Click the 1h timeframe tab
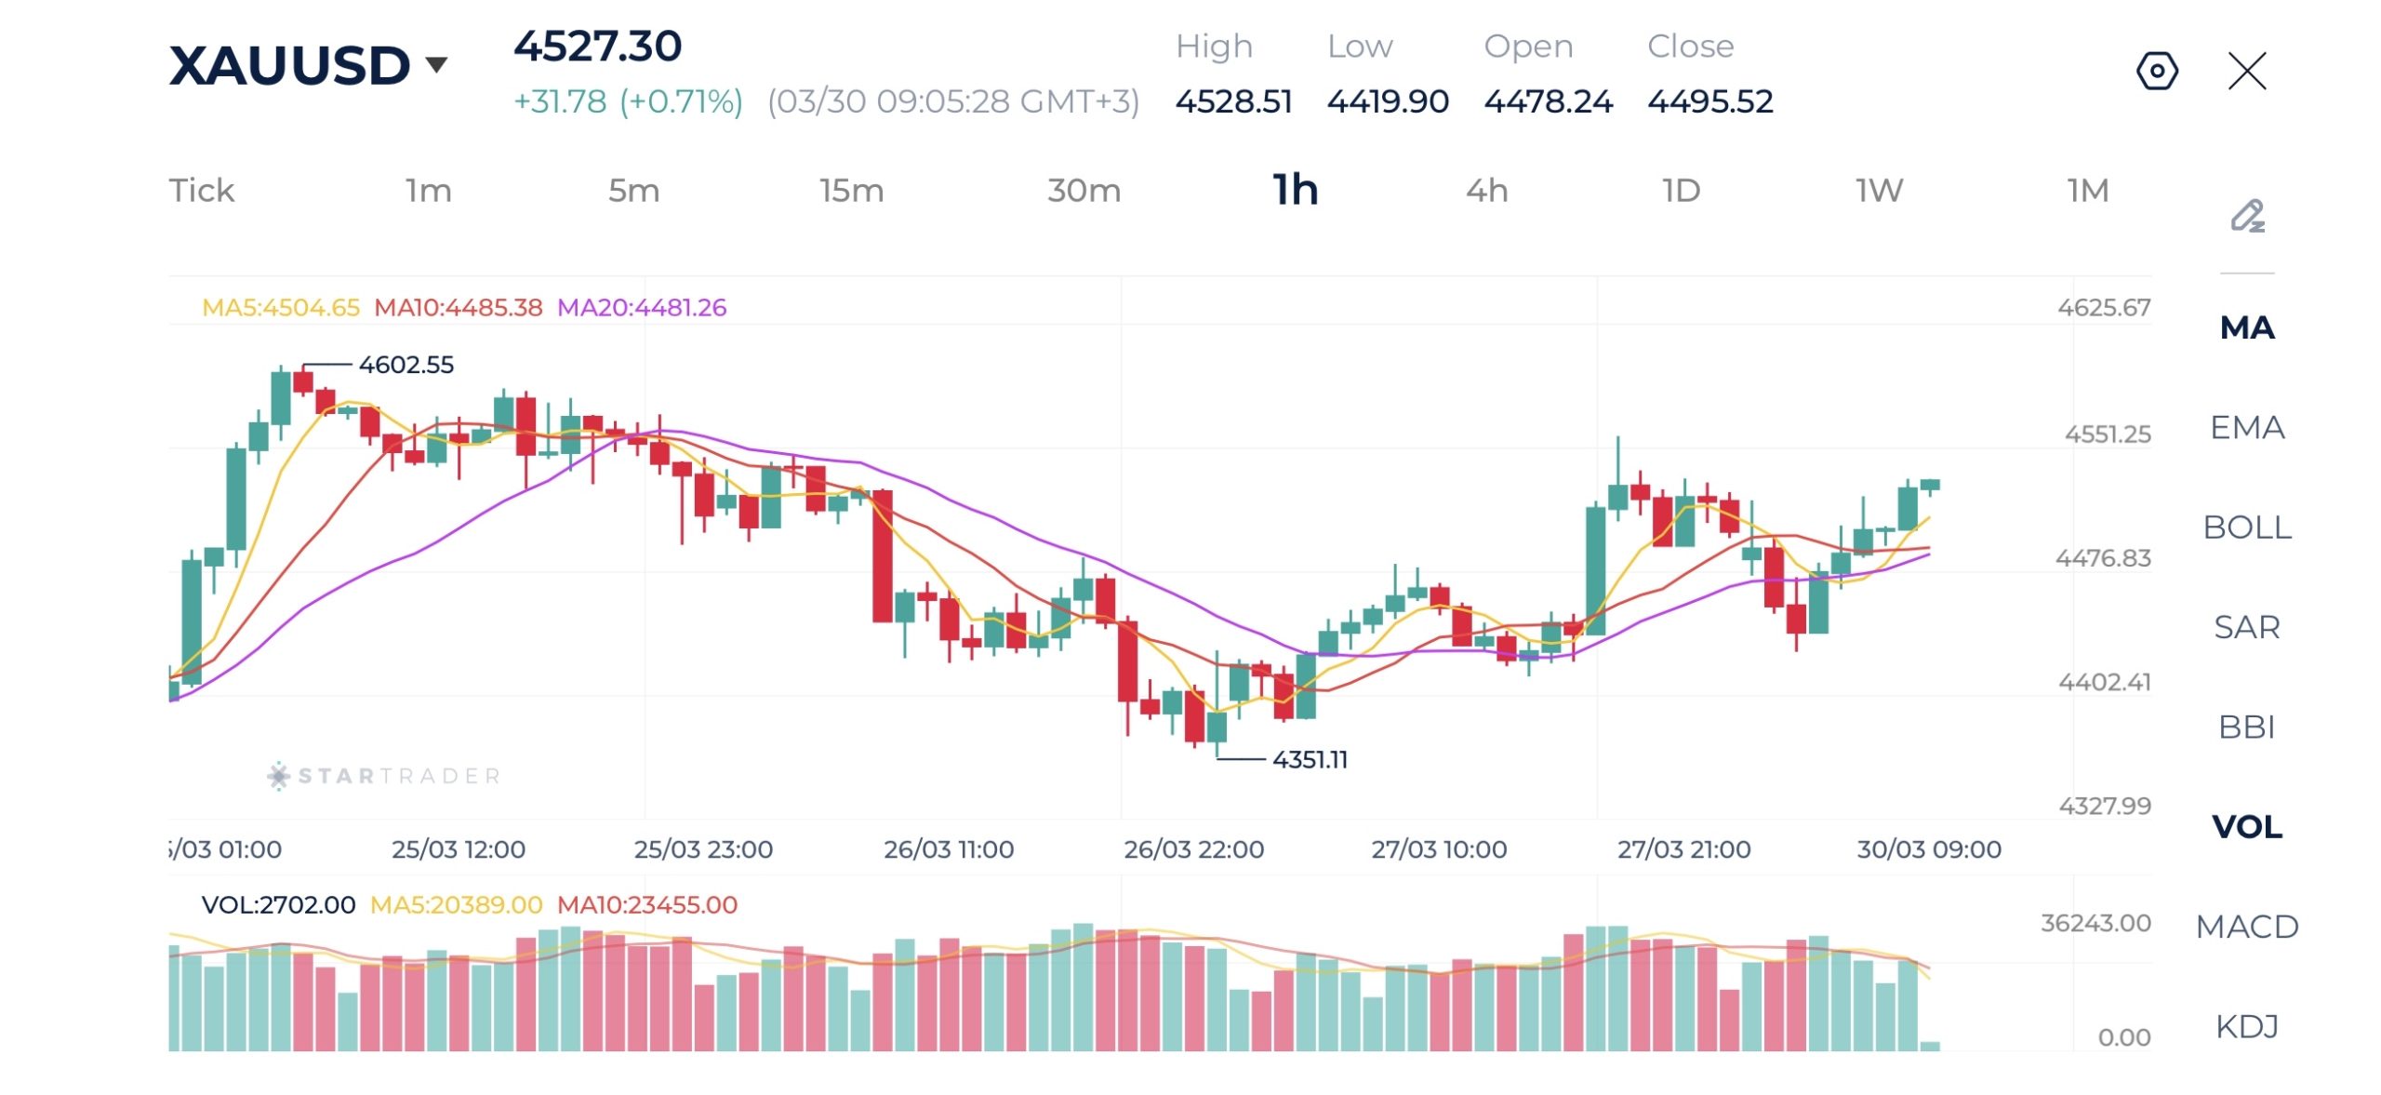(1295, 191)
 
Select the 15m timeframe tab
(851, 191)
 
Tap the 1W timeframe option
(1879, 191)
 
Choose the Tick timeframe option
(201, 191)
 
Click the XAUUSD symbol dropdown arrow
(436, 64)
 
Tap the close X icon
(2247, 71)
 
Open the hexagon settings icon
(2157, 71)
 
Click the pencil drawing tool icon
(2247, 216)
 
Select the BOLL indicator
(2246, 527)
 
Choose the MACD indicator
(2246, 927)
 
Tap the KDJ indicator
(2246, 1026)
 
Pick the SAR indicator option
(2246, 627)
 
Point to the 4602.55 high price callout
(406, 365)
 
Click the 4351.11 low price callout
(1310, 760)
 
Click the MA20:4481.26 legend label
(642, 308)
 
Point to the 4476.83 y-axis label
(2102, 558)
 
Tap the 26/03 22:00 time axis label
(1193, 849)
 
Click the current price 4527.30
(598, 47)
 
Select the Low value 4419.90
(1388, 101)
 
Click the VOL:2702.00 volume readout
(278, 905)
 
